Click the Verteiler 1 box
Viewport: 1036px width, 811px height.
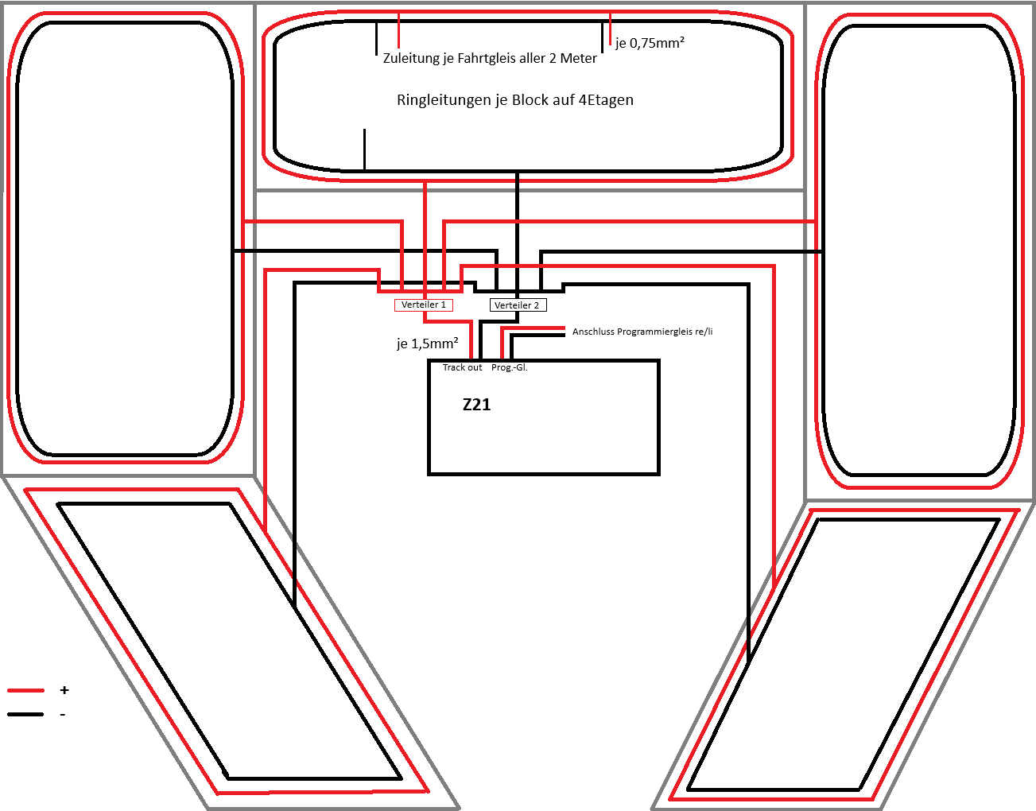point(423,305)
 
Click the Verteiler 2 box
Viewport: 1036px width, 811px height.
point(518,305)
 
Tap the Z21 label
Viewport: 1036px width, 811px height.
point(476,405)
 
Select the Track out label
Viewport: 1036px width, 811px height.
point(462,367)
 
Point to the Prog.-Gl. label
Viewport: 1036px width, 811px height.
point(509,367)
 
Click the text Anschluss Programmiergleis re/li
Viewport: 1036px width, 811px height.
point(642,332)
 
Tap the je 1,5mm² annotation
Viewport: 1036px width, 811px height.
point(428,343)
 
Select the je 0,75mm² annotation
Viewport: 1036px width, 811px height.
point(650,43)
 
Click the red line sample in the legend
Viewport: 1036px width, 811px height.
point(25,690)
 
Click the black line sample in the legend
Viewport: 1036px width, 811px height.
point(25,714)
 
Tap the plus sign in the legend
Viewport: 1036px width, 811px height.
point(64,690)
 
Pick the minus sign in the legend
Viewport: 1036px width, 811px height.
point(63,714)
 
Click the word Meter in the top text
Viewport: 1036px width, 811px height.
point(578,58)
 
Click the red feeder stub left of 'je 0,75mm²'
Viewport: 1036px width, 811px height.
point(610,29)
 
